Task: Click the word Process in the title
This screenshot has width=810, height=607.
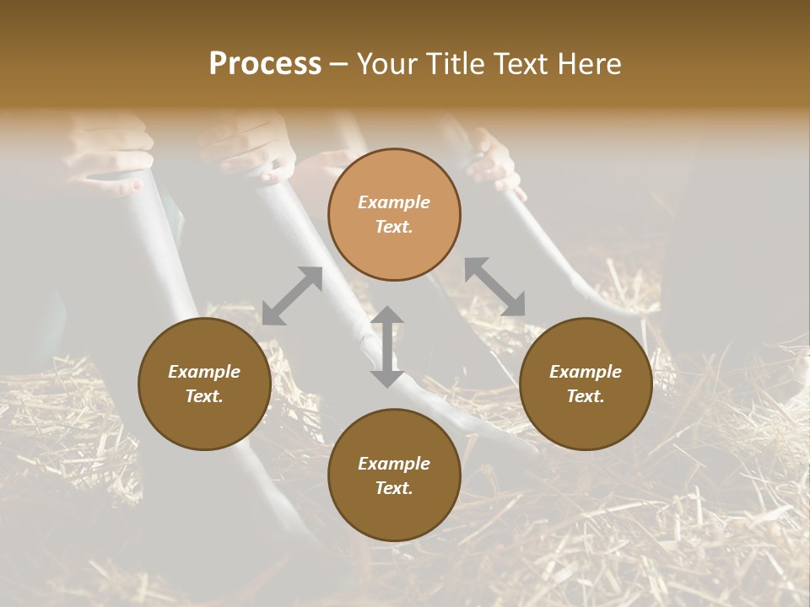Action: click(265, 64)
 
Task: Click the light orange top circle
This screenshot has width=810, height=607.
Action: click(394, 214)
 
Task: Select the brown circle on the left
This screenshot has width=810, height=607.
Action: click(204, 384)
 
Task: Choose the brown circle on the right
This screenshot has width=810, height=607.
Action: click(586, 384)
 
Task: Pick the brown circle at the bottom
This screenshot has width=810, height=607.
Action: click(394, 475)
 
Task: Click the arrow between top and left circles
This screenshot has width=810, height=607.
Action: click(292, 296)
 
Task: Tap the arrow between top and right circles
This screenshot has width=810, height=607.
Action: click(494, 287)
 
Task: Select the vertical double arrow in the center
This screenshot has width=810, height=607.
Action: click(387, 346)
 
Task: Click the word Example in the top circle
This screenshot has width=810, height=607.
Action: click(394, 202)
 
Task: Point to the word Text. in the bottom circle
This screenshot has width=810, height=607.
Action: click(394, 488)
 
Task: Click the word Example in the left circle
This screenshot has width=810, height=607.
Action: click(204, 372)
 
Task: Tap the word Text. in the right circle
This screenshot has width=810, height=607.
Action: click(586, 396)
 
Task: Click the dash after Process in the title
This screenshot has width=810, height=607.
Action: click(339, 64)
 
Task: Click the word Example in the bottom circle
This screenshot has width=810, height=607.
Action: click(394, 463)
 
